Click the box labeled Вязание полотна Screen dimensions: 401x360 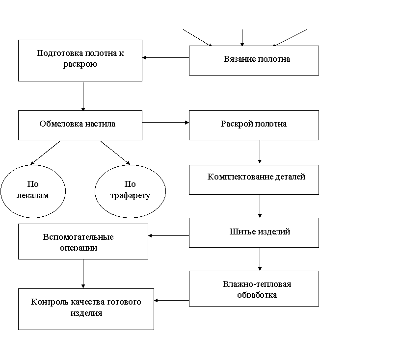click(254, 60)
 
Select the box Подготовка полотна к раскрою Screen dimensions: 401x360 click(80, 60)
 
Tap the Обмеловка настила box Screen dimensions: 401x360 click(80, 125)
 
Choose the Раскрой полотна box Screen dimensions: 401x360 click(254, 125)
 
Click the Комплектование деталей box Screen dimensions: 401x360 click(254, 180)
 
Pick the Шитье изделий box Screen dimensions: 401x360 click(254, 232)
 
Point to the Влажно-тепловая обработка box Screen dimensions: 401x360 click(254, 288)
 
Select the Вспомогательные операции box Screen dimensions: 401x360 click(83, 241)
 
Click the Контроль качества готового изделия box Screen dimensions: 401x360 click(86, 309)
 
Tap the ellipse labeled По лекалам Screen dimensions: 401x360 click(33, 191)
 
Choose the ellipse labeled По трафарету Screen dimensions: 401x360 click(130, 191)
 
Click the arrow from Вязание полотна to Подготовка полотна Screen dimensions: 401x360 click(166, 58)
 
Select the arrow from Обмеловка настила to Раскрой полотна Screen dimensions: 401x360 click(166, 123)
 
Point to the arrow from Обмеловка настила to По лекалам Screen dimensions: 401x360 click(45, 153)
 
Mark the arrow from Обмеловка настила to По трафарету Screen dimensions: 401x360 click(115, 153)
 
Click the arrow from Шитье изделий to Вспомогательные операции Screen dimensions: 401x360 click(169, 235)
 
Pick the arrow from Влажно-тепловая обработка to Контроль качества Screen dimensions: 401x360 click(172, 301)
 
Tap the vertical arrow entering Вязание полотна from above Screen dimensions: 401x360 click(242, 38)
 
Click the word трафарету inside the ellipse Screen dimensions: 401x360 click(130, 196)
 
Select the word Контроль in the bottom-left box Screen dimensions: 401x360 click(50, 302)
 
